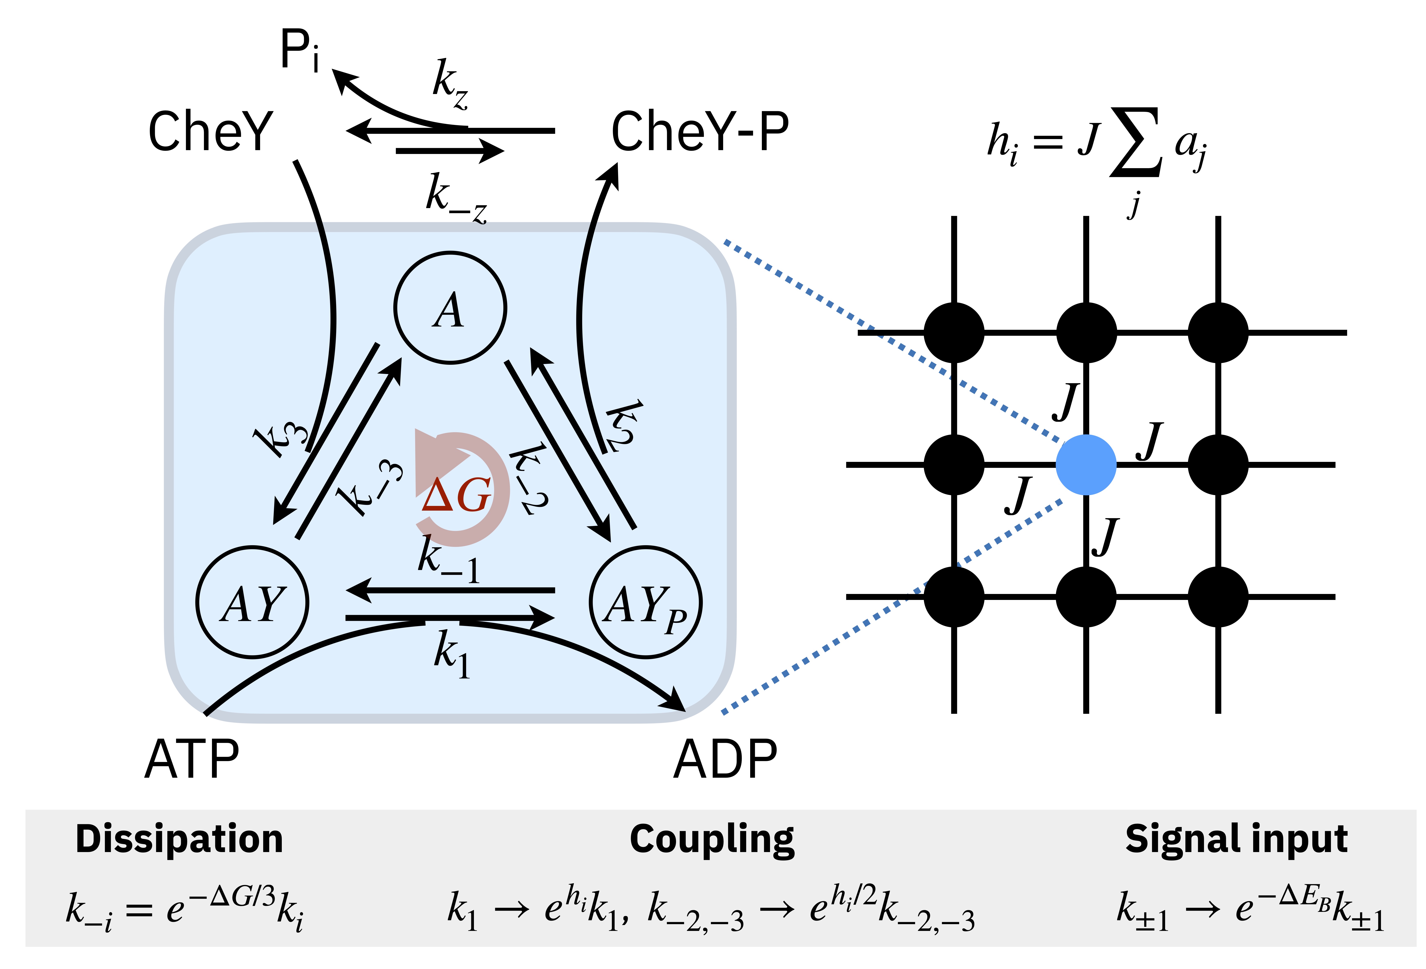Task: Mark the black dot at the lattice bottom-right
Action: click(1218, 596)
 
